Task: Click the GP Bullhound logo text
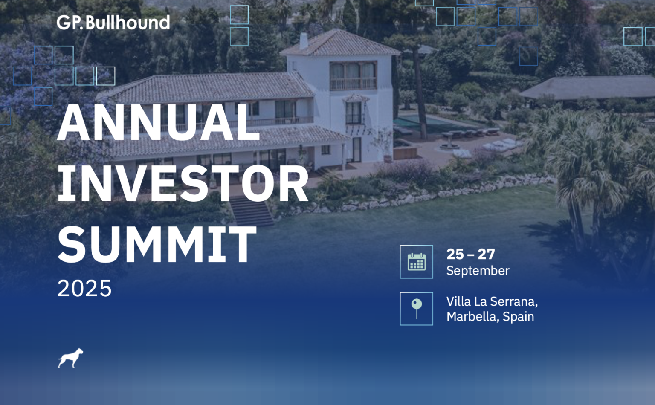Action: click(x=113, y=23)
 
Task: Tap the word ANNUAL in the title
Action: click(x=158, y=122)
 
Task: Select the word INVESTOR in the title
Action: click(x=183, y=183)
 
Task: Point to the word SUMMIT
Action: click(x=157, y=244)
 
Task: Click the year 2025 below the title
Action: click(x=84, y=288)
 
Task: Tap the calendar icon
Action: click(x=416, y=262)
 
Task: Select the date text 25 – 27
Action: click(x=470, y=254)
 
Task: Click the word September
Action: click(x=478, y=271)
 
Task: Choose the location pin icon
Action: click(x=416, y=309)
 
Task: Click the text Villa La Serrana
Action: click(x=492, y=301)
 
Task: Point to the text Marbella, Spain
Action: click(x=490, y=317)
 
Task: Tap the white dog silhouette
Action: click(x=70, y=358)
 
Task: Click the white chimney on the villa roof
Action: click(x=304, y=40)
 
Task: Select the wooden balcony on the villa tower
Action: click(x=353, y=83)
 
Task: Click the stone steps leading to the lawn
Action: click(x=252, y=211)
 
